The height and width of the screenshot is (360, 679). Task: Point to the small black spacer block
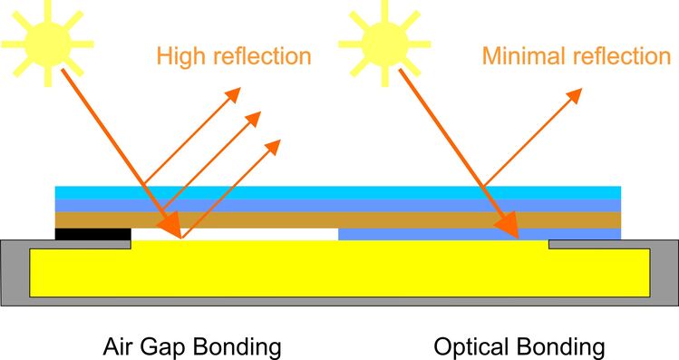pyautogui.click(x=92, y=234)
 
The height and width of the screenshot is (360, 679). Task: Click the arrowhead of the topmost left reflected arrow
pyautogui.click(x=235, y=93)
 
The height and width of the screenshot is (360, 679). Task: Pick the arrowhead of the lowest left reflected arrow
pyautogui.click(x=273, y=146)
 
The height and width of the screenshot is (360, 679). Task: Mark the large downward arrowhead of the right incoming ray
pyautogui.click(x=508, y=225)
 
